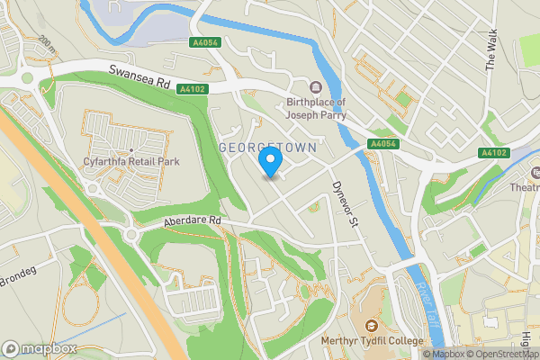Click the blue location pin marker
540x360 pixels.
[x=270, y=162]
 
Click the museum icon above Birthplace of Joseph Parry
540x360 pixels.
[x=316, y=87]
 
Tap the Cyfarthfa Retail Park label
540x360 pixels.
[x=131, y=161]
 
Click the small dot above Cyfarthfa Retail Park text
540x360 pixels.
[x=131, y=150]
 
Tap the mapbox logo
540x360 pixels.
[x=39, y=348]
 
